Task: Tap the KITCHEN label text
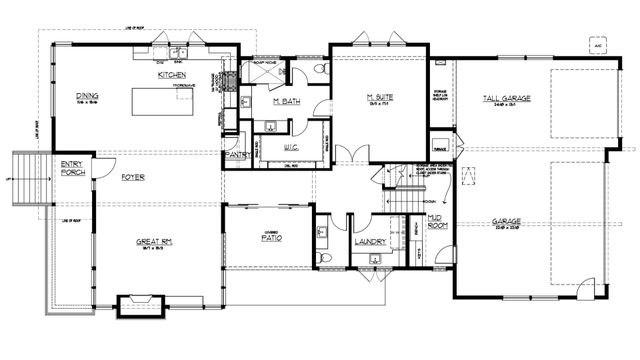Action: (174, 75)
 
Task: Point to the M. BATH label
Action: (289, 102)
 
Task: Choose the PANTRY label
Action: (237, 156)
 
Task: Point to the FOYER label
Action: (133, 177)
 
